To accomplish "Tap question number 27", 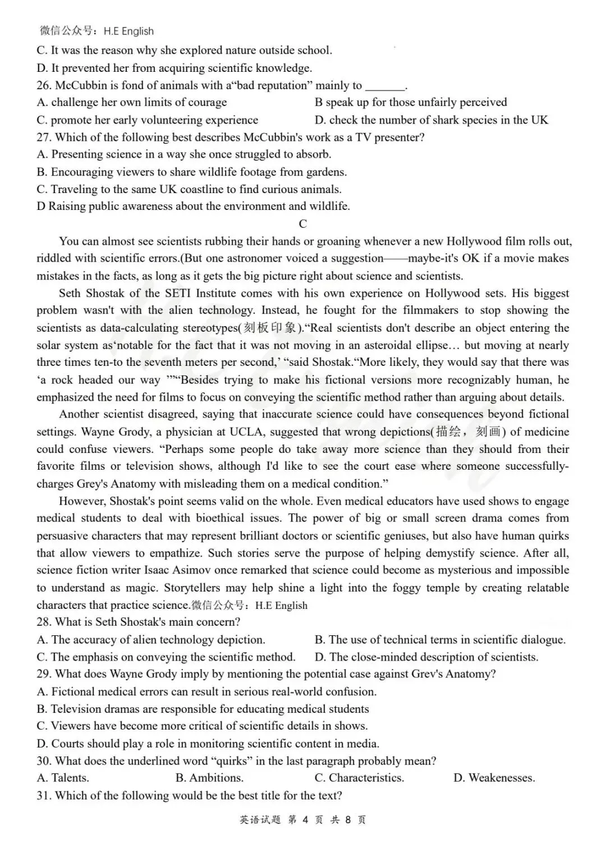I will coord(44,138).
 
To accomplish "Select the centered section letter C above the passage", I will coord(303,224).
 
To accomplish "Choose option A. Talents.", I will coord(63,778).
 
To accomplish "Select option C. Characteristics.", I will coord(359,778).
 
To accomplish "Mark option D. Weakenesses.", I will coord(494,778).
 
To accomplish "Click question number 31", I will coord(44,795).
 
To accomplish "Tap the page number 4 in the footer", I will coord(305,819).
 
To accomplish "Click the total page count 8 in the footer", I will coord(348,819).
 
